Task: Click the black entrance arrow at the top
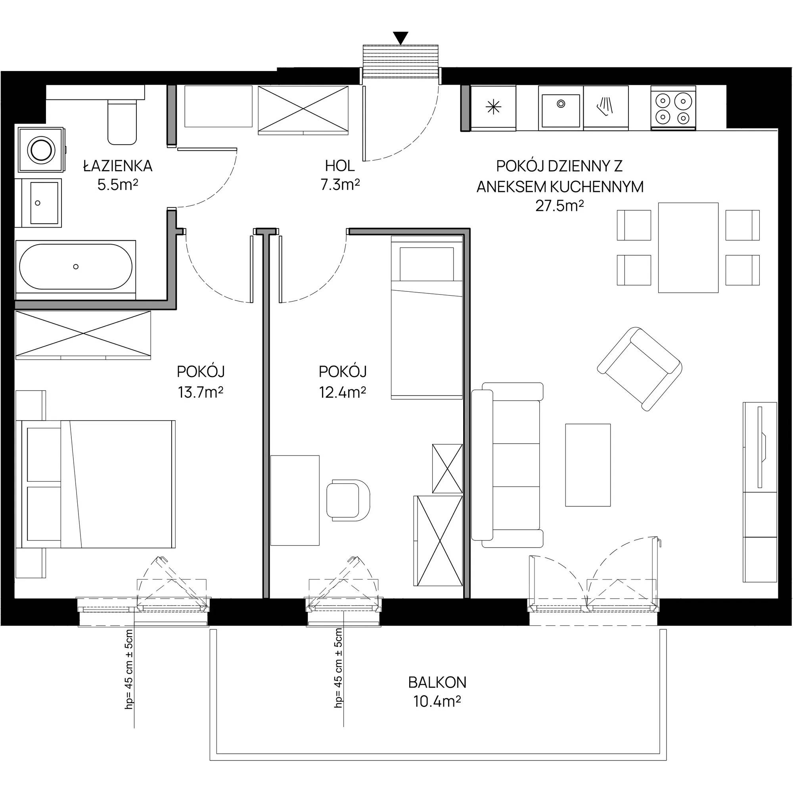pos(400,37)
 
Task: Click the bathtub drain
pos(75,266)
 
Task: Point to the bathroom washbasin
pos(38,203)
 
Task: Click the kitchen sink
pos(561,108)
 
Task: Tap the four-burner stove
pos(673,108)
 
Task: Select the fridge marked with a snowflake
pos(493,108)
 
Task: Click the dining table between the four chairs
pos(688,247)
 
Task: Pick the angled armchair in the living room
pos(640,369)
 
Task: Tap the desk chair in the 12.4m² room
pos(348,500)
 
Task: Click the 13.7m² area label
pos(200,393)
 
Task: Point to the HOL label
pos(340,166)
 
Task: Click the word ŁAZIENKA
pos(118,166)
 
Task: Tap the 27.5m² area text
pos(559,206)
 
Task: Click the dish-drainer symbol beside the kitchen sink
pos(606,106)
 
